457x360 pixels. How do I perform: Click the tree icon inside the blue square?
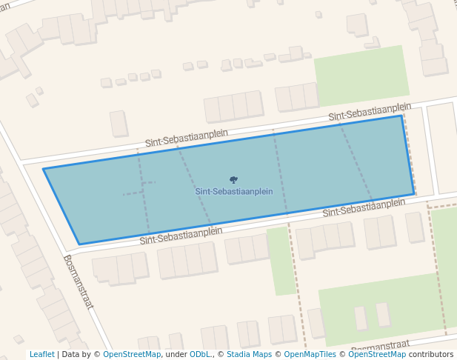click(x=233, y=179)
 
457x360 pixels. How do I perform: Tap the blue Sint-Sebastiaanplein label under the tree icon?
click(x=234, y=191)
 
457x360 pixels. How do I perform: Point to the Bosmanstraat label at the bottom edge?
click(x=380, y=346)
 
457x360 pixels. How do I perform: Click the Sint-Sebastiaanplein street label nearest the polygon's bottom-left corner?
click(x=181, y=235)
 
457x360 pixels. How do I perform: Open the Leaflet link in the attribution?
click(x=41, y=354)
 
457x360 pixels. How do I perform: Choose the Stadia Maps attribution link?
click(x=249, y=354)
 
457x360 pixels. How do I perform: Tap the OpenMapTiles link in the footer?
click(x=310, y=354)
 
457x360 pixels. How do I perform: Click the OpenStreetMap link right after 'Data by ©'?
click(x=132, y=354)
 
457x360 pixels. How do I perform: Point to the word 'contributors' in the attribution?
click(x=430, y=354)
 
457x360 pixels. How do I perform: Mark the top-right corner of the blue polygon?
click(x=401, y=116)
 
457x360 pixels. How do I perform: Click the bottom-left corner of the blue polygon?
click(x=79, y=244)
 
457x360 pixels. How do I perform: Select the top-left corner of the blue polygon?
click(x=43, y=169)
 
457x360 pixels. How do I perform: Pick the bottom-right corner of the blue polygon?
click(x=414, y=194)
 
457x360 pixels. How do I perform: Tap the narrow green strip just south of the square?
click(x=280, y=259)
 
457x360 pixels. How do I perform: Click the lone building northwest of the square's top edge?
click(x=119, y=124)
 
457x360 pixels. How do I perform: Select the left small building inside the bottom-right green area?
click(x=361, y=318)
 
